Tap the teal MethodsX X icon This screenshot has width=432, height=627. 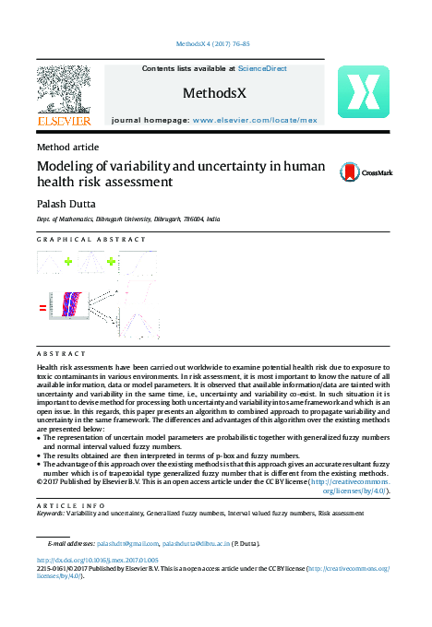363,92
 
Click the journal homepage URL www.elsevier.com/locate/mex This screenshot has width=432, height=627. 254,121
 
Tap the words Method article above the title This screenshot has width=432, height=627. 67,147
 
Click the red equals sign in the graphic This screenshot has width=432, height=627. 42,309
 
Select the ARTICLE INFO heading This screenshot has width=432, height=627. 66,507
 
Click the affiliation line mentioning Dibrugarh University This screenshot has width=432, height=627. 128,220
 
